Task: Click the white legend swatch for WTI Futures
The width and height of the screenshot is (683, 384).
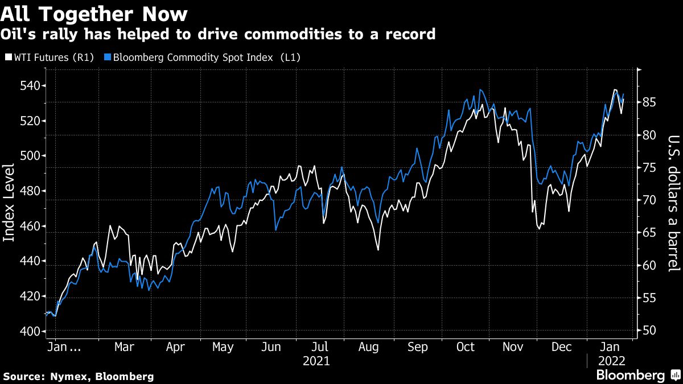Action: pyautogui.click(x=7, y=57)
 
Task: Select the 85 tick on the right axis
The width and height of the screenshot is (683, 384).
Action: pyautogui.click(x=650, y=102)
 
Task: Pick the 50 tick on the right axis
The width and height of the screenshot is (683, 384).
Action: pyautogui.click(x=650, y=331)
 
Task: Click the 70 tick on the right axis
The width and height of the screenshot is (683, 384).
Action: pyautogui.click(x=650, y=200)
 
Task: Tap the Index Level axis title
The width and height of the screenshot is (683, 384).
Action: pyautogui.click(x=9, y=210)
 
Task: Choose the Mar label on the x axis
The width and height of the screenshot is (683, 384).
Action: pyautogui.click(x=124, y=347)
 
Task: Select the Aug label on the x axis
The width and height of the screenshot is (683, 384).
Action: pyautogui.click(x=369, y=347)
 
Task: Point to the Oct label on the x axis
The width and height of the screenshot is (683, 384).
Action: pyautogui.click(x=466, y=347)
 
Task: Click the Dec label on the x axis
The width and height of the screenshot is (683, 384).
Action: pyautogui.click(x=563, y=347)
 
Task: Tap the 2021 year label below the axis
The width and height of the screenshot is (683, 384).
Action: pyautogui.click(x=316, y=361)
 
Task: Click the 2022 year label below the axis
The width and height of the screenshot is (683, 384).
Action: pyautogui.click(x=611, y=361)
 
